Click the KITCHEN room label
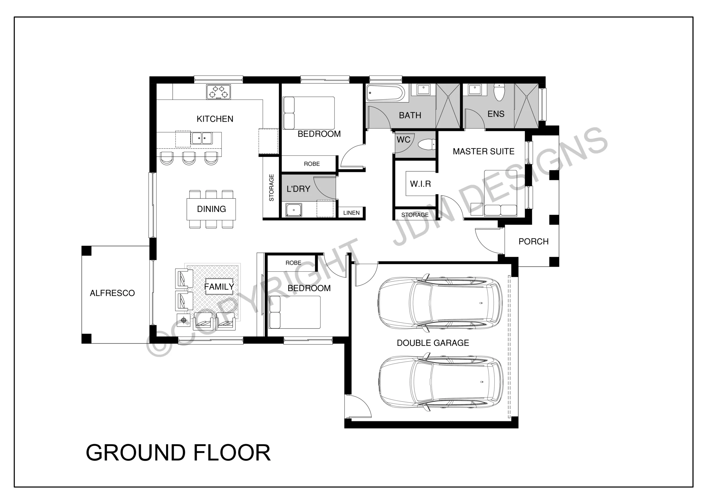point(215,119)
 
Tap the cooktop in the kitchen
point(219,92)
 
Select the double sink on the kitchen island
point(202,138)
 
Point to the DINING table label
point(211,209)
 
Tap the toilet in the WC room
point(426,145)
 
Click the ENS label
point(496,114)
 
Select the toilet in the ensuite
point(499,92)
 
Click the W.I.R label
point(421,184)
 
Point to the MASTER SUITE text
point(484,151)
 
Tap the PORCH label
point(534,242)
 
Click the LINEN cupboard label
point(351,213)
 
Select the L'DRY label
point(298,189)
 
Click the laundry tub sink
point(294,210)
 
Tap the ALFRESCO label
point(113,293)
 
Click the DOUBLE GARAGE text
point(433,343)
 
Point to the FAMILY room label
point(219,286)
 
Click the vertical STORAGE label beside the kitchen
point(271,188)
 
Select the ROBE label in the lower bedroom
point(293,263)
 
